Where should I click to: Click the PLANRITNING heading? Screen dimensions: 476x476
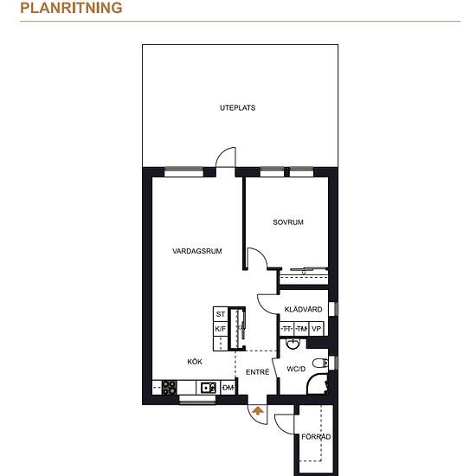click(71, 8)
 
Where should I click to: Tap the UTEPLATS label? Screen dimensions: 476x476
click(237, 108)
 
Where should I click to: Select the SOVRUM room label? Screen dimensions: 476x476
click(288, 222)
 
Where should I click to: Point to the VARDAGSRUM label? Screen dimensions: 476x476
click(196, 251)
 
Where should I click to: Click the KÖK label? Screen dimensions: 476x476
click(195, 362)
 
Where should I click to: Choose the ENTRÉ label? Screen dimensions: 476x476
click(257, 372)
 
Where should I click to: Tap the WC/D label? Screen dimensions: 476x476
click(296, 369)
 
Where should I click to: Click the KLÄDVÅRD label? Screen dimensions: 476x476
click(303, 309)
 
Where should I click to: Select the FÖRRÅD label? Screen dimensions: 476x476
click(316, 436)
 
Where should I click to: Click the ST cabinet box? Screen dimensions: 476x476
click(221, 314)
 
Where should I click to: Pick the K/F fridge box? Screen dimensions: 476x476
click(221, 329)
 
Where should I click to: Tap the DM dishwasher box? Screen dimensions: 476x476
click(228, 388)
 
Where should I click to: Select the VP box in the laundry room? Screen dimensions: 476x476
click(316, 329)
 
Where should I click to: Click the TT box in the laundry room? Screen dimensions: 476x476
click(286, 329)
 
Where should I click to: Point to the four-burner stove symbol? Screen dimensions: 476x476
click(169, 388)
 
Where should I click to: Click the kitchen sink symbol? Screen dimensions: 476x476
click(209, 388)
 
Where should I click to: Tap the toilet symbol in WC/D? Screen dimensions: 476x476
click(320, 363)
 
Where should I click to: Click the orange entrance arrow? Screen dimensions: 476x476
click(258, 410)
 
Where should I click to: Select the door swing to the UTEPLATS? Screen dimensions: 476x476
click(226, 158)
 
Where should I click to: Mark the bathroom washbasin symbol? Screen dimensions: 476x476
click(293, 344)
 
